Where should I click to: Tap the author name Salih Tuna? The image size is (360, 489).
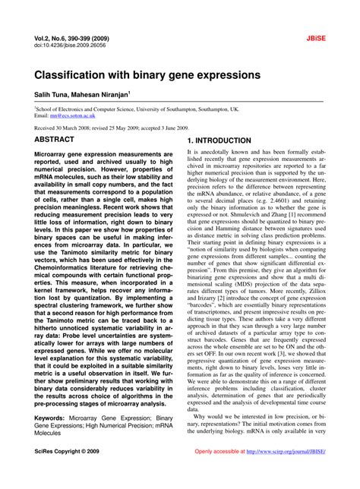pyautogui.click(x=56, y=97)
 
